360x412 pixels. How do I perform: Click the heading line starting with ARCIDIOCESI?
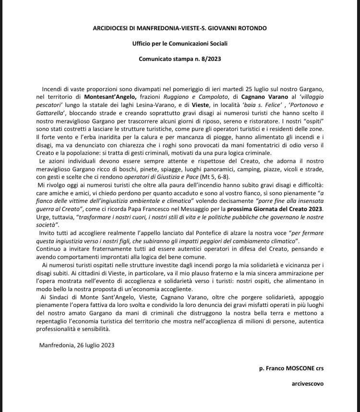tap(180, 28)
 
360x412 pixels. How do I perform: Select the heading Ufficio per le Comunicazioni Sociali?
tap(180, 44)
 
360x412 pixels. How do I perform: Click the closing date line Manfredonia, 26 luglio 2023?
tap(77, 345)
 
